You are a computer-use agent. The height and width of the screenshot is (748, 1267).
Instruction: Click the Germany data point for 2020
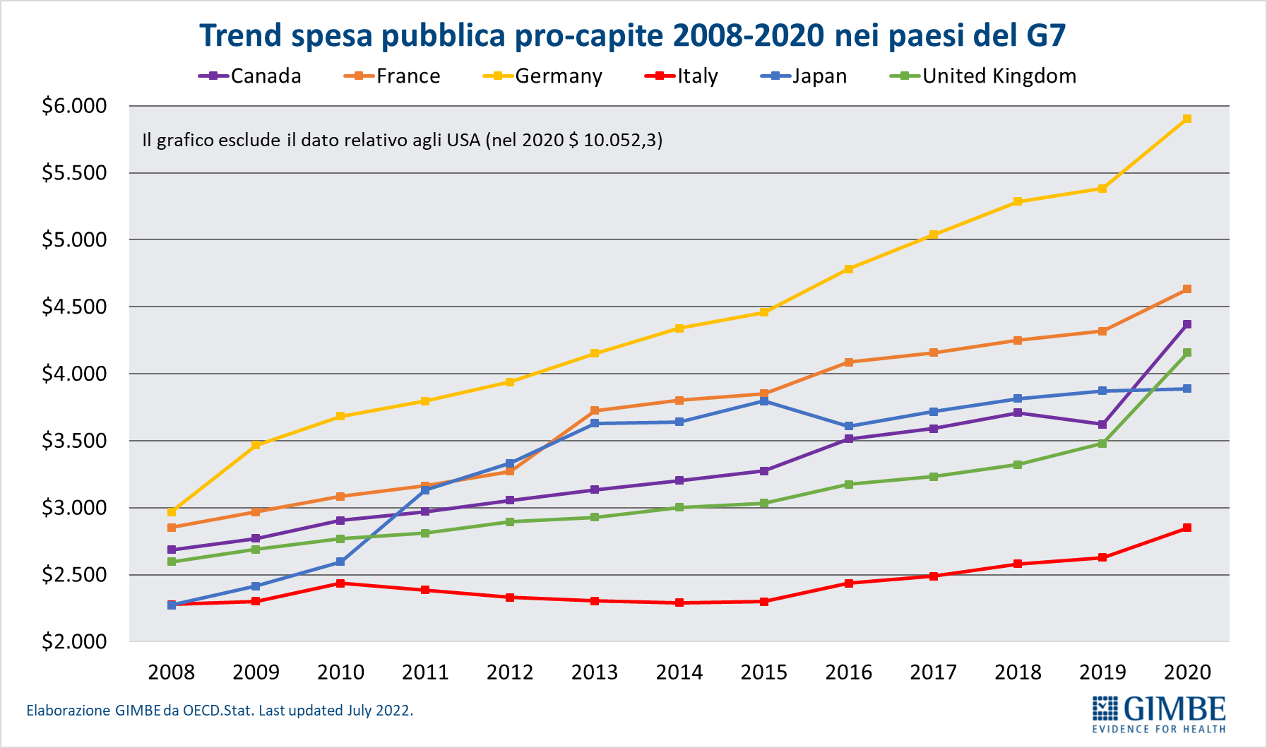click(x=1187, y=119)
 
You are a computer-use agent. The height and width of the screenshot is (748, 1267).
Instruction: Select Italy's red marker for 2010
click(x=340, y=583)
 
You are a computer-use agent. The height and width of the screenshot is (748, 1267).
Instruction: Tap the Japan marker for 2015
click(x=764, y=401)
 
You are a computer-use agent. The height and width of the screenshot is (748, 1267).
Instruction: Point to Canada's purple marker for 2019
click(x=1102, y=425)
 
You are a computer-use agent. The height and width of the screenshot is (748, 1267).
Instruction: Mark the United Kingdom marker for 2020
click(x=1187, y=352)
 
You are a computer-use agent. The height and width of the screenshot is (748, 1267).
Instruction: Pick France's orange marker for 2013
click(x=595, y=410)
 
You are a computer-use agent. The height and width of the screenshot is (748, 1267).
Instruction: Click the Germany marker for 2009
click(x=256, y=445)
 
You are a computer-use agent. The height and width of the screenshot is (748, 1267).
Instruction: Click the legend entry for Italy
click(x=682, y=76)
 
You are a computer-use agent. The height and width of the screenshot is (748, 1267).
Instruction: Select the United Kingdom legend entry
click(x=985, y=76)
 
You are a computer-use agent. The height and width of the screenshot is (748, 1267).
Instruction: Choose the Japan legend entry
click(x=805, y=76)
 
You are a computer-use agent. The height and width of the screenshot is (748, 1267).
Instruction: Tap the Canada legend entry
click(x=251, y=76)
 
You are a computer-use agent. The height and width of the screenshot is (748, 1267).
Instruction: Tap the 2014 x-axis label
click(x=679, y=672)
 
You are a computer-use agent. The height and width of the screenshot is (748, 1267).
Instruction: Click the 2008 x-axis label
click(x=171, y=672)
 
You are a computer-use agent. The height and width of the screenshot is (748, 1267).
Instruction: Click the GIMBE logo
click(x=1159, y=714)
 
